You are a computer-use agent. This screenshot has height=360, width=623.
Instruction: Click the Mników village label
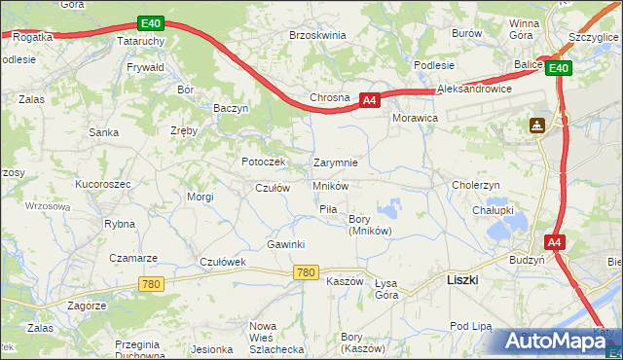click(x=330, y=185)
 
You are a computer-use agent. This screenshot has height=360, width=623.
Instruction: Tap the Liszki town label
click(x=462, y=279)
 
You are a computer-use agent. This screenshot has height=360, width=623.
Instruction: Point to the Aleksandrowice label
click(x=474, y=89)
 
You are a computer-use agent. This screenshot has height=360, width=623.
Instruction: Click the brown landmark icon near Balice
click(x=536, y=126)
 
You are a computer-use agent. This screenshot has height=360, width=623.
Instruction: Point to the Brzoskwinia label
click(x=317, y=35)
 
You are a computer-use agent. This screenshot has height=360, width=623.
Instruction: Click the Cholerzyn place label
click(x=476, y=184)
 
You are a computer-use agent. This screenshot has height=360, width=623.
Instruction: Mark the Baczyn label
click(x=232, y=108)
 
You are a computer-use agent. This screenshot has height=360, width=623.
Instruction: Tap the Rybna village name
click(x=120, y=223)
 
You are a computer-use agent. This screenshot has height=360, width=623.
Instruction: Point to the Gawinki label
click(x=286, y=243)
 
